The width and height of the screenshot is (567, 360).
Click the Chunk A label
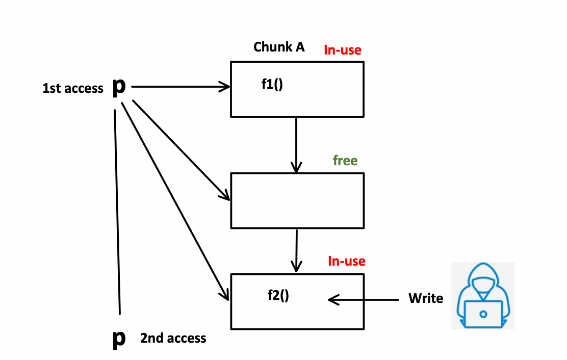pos(279,47)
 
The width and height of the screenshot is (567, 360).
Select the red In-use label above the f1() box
pos(342,50)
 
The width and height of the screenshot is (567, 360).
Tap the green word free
pos(345,161)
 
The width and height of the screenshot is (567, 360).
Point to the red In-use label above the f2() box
pos(346,262)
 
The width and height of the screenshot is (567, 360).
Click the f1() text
pos(272,85)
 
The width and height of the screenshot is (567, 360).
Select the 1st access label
pos(73,88)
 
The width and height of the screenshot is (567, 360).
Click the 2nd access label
pos(173,338)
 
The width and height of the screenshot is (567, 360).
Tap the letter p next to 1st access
pos(118,87)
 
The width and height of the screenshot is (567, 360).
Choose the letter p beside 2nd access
pos(118,338)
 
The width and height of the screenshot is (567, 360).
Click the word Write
pos(426,298)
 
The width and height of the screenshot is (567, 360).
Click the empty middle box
pos(297,200)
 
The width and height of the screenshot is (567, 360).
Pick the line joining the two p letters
pos(117,212)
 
